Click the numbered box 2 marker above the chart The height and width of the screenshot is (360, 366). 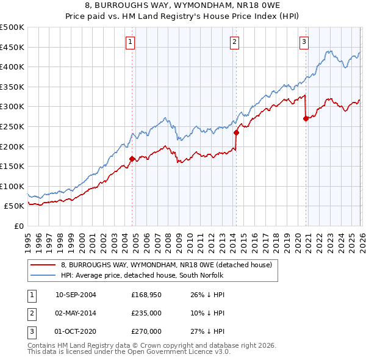[x=235, y=42]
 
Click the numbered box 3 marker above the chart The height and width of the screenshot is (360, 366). [x=304, y=42]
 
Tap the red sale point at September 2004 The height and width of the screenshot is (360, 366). [x=132, y=159]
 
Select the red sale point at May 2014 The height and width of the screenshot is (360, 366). [x=235, y=132]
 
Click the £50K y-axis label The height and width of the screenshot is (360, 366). [x=15, y=206]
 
